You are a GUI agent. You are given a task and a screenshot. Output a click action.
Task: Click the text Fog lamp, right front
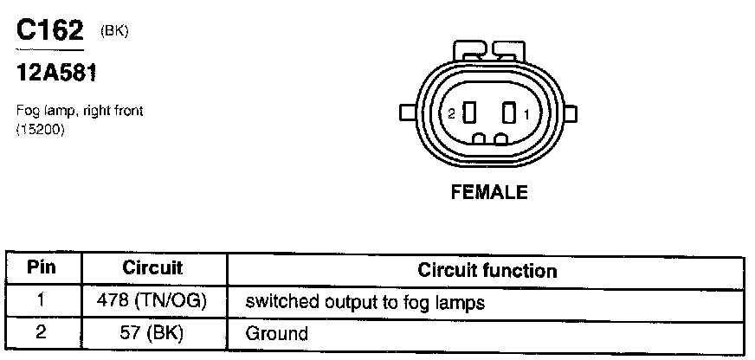click(80, 111)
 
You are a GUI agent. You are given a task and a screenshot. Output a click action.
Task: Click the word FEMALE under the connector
click(489, 193)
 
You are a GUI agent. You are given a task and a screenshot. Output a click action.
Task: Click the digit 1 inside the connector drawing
click(527, 113)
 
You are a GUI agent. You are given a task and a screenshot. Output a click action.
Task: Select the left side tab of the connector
click(405, 112)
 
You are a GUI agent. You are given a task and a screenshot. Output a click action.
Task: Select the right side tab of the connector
click(572, 112)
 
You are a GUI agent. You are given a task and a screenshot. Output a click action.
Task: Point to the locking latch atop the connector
click(489, 49)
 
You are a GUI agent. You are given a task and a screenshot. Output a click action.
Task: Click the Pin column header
click(42, 267)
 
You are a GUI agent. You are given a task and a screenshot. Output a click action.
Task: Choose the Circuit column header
click(152, 268)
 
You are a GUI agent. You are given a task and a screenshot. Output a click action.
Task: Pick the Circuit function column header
click(487, 269)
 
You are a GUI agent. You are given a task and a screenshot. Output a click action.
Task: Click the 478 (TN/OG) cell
click(152, 302)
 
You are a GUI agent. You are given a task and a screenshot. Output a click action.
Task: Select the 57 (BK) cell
click(152, 332)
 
